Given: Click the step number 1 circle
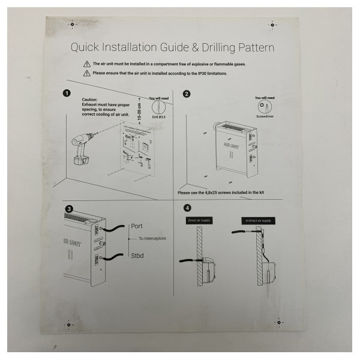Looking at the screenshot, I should click(67, 94).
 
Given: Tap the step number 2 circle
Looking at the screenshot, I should click(187, 94).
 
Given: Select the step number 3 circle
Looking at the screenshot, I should click(69, 209).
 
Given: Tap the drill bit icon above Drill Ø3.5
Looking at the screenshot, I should click(159, 107).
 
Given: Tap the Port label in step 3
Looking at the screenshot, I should click(137, 227).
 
